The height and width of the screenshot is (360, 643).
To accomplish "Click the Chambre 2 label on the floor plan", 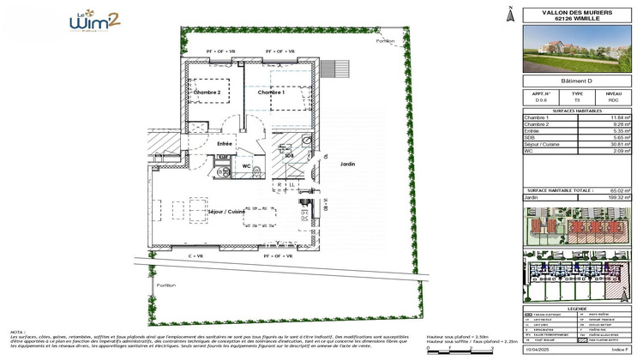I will point(207,93).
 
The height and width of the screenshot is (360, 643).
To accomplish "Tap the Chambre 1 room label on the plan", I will point(271,93).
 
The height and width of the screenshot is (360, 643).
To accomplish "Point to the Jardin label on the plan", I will point(347,165).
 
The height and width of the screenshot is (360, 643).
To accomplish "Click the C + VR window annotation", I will point(195,256).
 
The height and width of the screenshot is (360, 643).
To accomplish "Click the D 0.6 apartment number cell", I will point(541,100).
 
